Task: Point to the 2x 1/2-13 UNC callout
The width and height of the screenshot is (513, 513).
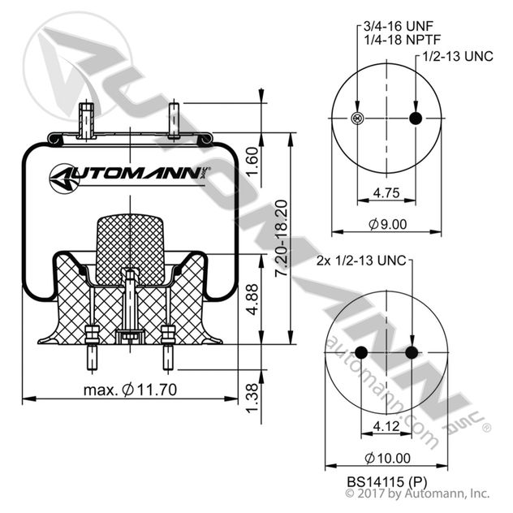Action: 360,261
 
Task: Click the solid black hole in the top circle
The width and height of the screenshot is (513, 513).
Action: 416,119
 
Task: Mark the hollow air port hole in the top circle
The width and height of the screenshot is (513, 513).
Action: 357,119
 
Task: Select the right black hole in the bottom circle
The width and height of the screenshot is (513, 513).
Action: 412,352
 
